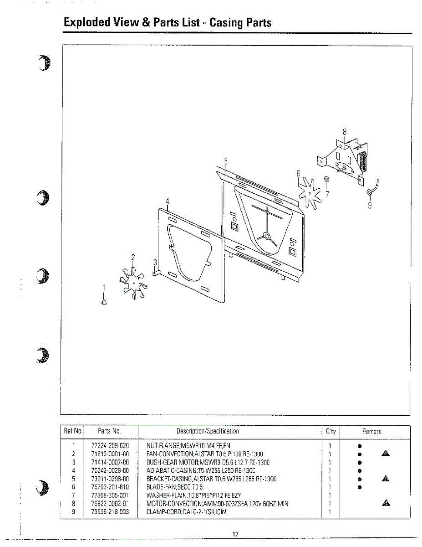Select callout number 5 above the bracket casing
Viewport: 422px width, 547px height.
pyautogui.click(x=225, y=161)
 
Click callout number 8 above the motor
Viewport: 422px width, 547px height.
pyautogui.click(x=345, y=132)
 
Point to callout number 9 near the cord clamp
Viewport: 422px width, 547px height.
pyautogui.click(x=370, y=205)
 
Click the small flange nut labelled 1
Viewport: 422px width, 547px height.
pyautogui.click(x=104, y=302)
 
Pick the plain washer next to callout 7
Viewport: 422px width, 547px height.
pyautogui.click(x=326, y=179)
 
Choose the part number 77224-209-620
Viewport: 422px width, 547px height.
pyautogui.click(x=107, y=445)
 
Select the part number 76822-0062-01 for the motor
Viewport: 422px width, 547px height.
pyautogui.click(x=107, y=504)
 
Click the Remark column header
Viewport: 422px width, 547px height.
pyautogui.click(x=371, y=431)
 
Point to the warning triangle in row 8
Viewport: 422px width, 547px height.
pyautogui.click(x=386, y=503)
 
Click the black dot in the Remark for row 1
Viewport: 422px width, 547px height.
pyautogui.click(x=359, y=445)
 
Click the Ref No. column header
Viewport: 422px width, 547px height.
pyautogui.click(x=73, y=431)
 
